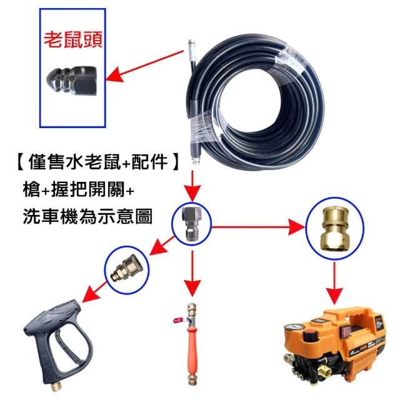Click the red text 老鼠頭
(73, 40)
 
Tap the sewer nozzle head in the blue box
(71, 81)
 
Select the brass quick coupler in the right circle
(335, 228)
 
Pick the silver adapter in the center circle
(192, 224)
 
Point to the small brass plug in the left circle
(126, 269)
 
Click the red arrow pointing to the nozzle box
(145, 66)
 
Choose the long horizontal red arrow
(258, 227)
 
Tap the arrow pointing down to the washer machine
(335, 283)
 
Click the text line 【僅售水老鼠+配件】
(97, 162)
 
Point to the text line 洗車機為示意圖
(87, 216)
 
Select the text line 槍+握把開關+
(78, 189)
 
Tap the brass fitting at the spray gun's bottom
(55, 386)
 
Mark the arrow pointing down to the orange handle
(192, 274)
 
